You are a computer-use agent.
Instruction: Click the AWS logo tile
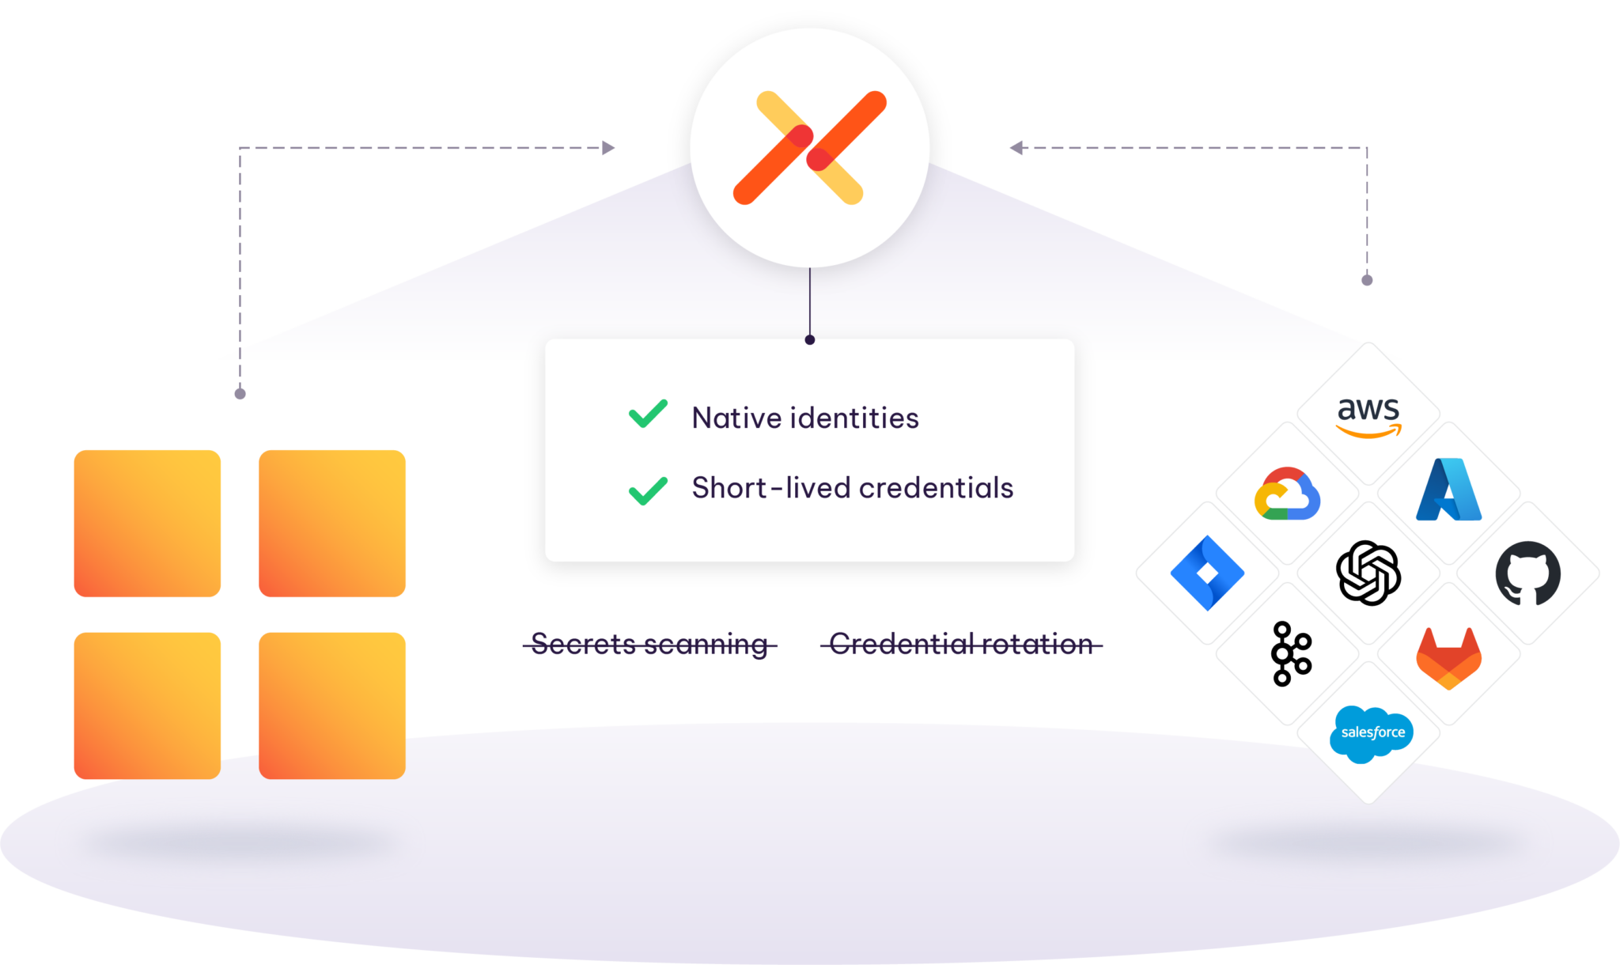pyautogui.click(x=1368, y=414)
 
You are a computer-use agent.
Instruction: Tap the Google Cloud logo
pyautogui.click(x=1287, y=494)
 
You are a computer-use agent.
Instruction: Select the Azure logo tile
pyautogui.click(x=1448, y=492)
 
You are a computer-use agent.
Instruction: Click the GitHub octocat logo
pyautogui.click(x=1527, y=573)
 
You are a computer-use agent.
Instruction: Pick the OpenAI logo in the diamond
pyautogui.click(x=1368, y=573)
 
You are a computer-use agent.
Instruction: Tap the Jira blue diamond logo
pyautogui.click(x=1207, y=573)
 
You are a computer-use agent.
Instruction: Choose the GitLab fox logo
pyautogui.click(x=1448, y=657)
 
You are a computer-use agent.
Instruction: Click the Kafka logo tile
pyautogui.click(x=1290, y=654)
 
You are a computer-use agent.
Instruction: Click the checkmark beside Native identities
pyautogui.click(x=648, y=414)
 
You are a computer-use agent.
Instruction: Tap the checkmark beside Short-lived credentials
pyautogui.click(x=648, y=490)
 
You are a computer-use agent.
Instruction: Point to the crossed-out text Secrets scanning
pyautogui.click(x=649, y=645)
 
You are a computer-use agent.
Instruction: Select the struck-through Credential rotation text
pyautogui.click(x=961, y=645)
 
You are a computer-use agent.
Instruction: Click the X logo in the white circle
pyautogui.click(x=809, y=148)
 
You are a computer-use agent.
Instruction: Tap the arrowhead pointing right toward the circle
pyautogui.click(x=608, y=148)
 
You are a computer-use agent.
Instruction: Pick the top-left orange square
pyautogui.click(x=147, y=523)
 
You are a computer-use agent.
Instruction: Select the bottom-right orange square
pyautogui.click(x=332, y=706)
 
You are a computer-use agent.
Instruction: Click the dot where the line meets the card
pyautogui.click(x=809, y=339)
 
